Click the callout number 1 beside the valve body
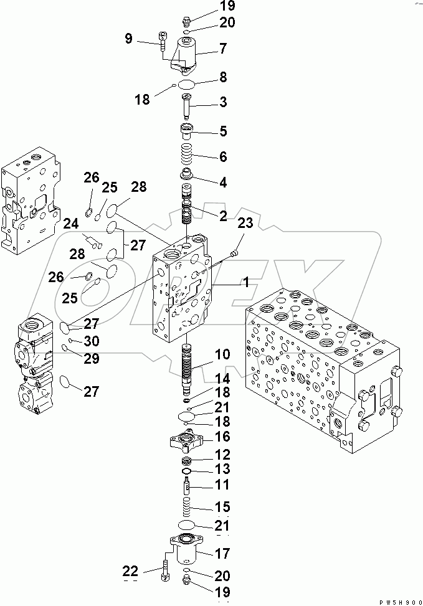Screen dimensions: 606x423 tap(246, 282)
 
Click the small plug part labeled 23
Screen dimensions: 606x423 tap(233, 252)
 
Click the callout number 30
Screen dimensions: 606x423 tap(92, 341)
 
